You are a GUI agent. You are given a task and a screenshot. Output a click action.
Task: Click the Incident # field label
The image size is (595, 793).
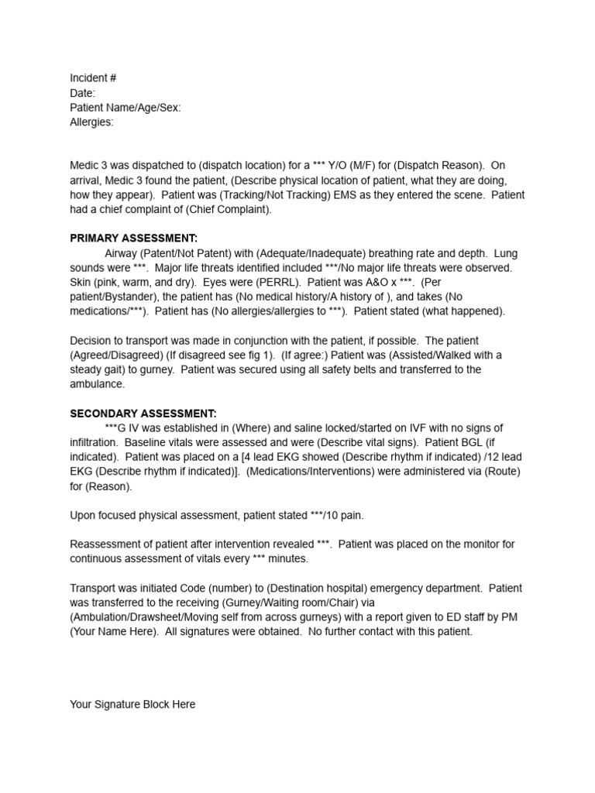click(x=93, y=78)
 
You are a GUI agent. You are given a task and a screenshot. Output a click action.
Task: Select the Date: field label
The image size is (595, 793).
click(x=82, y=93)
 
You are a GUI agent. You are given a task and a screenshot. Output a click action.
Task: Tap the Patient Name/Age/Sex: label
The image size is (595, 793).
click(x=126, y=108)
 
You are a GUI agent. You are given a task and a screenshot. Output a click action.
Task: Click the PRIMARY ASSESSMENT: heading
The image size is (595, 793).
click(x=134, y=238)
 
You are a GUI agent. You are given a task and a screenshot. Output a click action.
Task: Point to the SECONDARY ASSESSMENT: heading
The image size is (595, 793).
click(x=143, y=414)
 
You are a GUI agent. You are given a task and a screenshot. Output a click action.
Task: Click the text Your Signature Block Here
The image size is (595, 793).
click(x=132, y=704)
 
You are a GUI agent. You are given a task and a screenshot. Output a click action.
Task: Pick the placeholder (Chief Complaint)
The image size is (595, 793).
click(x=232, y=209)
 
